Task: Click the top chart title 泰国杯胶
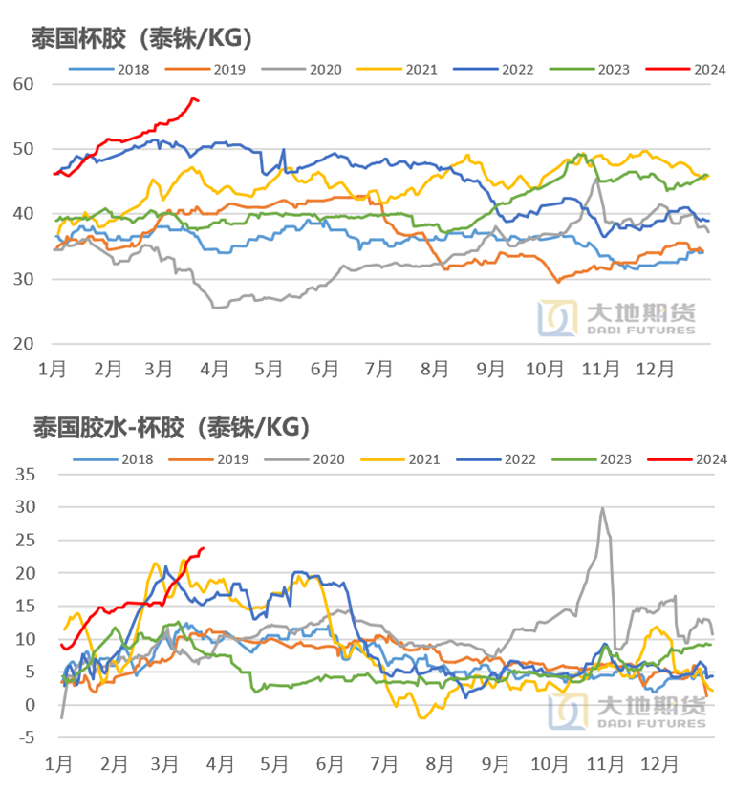141,38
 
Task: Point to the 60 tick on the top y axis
23,84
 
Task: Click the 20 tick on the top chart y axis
23,344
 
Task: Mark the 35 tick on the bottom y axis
23,474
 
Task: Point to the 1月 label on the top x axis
53,368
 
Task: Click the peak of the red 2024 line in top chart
192,98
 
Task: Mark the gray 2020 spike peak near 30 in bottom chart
602,508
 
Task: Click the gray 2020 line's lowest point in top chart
217,307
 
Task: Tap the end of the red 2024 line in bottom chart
203,548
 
